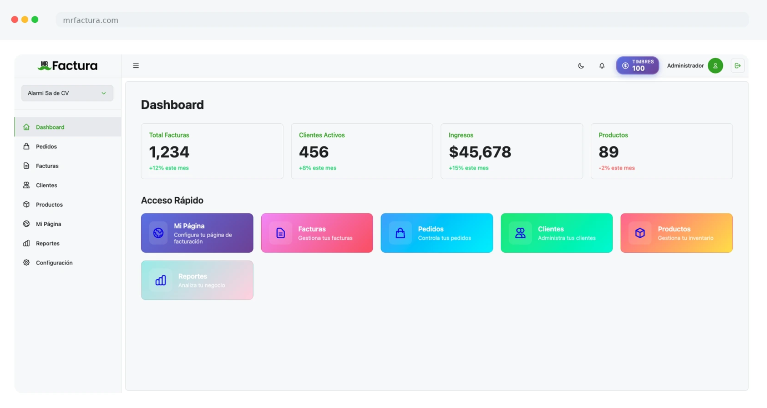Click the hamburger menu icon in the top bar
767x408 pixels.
(x=136, y=66)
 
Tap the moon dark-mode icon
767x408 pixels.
(x=581, y=66)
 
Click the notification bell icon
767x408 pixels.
(x=602, y=66)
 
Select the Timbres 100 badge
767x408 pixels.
(x=637, y=66)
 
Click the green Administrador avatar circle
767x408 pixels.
(x=715, y=66)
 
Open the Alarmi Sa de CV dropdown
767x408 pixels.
(x=67, y=93)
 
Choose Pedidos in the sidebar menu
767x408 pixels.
(x=46, y=146)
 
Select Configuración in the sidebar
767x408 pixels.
(x=54, y=262)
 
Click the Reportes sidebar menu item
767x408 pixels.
(x=48, y=243)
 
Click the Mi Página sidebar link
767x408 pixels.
(x=48, y=224)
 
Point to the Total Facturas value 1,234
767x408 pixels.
(x=169, y=152)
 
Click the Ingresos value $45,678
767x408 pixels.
(x=480, y=152)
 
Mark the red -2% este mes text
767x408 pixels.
(x=617, y=168)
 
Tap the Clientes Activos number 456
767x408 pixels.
(x=314, y=152)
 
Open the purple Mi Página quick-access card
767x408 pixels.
(x=197, y=233)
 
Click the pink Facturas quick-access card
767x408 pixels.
(x=317, y=233)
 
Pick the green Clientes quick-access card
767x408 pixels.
(x=557, y=233)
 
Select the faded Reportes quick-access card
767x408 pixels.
(x=197, y=280)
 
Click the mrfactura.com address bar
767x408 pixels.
(x=402, y=20)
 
